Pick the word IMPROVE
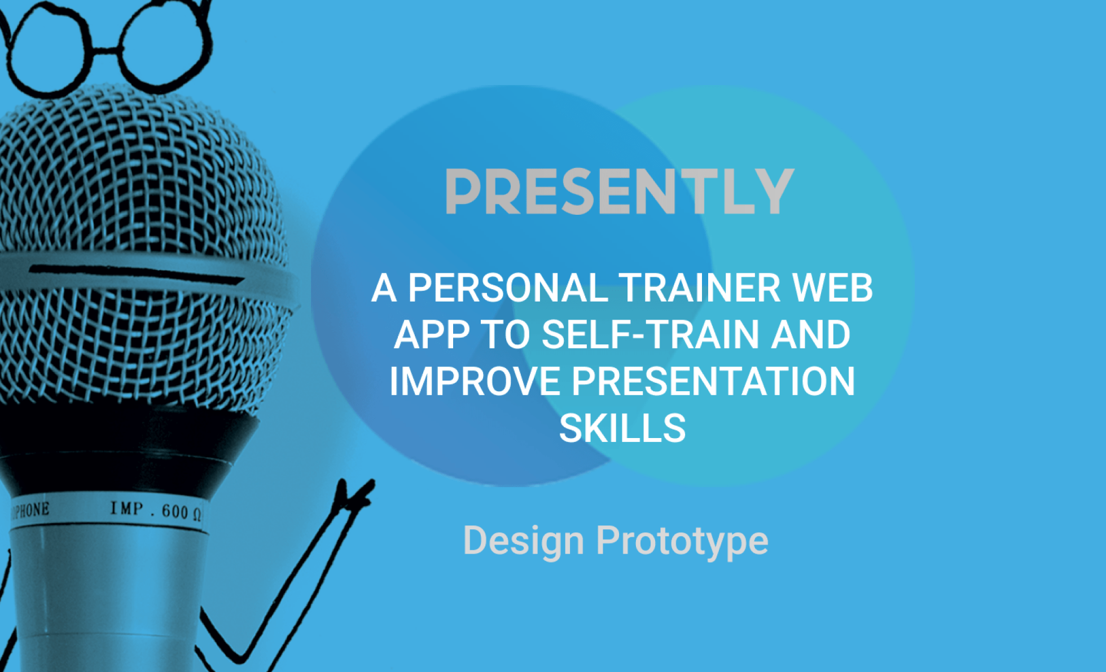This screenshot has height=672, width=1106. pyautogui.click(x=475, y=382)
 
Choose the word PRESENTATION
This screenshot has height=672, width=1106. pyautogui.click(x=714, y=382)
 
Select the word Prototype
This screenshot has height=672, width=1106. pyautogui.click(x=682, y=541)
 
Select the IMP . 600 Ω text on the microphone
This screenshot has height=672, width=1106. pyautogui.click(x=156, y=510)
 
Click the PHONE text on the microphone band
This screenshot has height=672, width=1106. pyautogui.click(x=30, y=510)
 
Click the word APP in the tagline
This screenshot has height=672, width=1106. pyautogui.click(x=432, y=335)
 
